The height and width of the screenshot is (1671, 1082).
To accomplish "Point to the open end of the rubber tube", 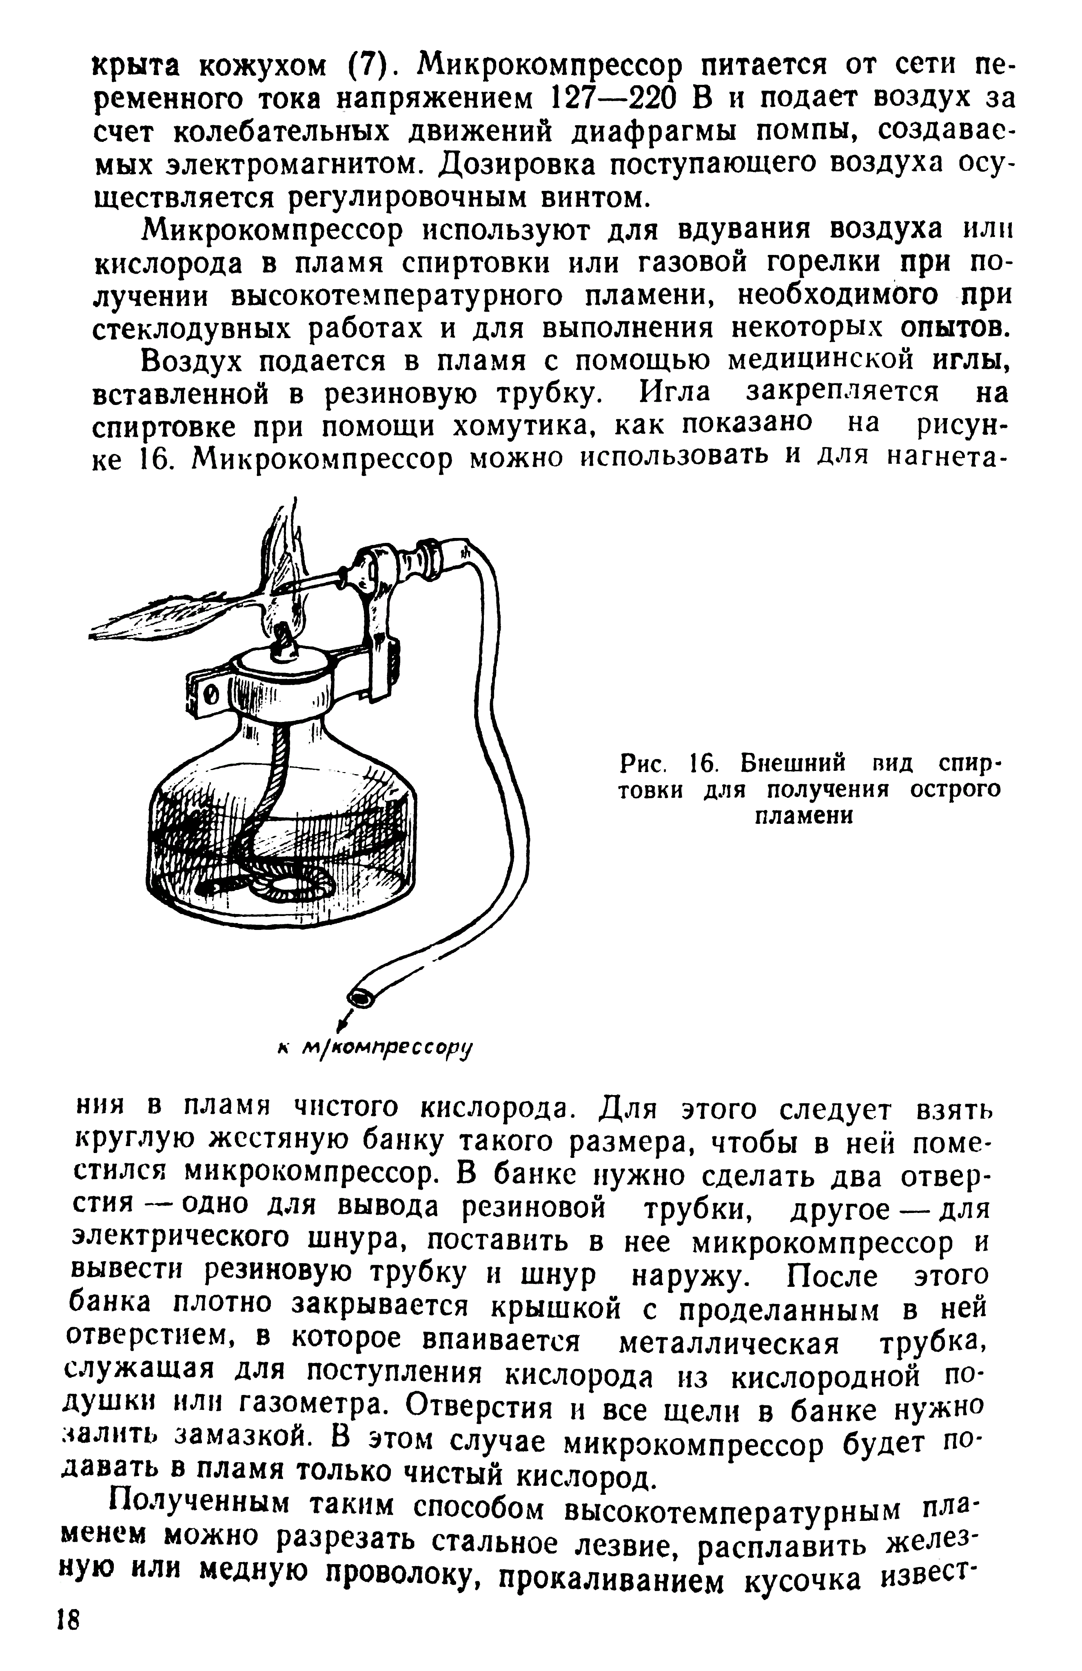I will tap(362, 996).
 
